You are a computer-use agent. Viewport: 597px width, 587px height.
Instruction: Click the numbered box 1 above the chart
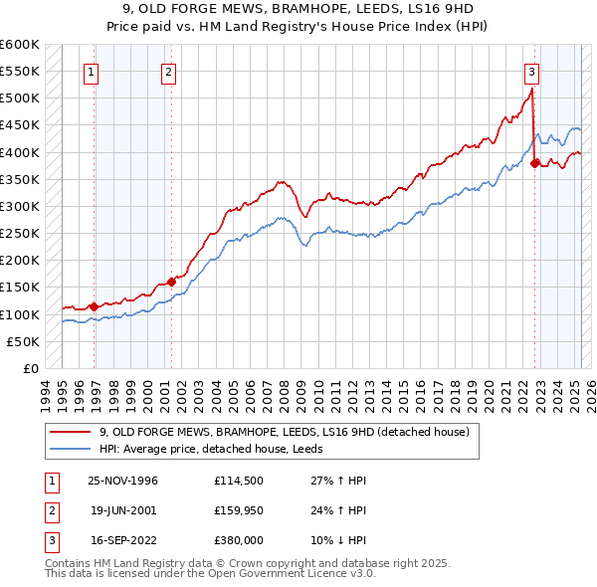pos(91,72)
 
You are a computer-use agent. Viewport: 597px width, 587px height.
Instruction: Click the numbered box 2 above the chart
pos(168,72)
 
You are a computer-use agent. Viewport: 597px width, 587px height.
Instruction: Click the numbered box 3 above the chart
pos(531,72)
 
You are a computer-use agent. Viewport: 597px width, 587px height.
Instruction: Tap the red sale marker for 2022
pos(535,163)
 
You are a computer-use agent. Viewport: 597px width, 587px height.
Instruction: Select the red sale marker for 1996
pos(95,306)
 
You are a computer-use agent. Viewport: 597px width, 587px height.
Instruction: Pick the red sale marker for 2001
pos(172,282)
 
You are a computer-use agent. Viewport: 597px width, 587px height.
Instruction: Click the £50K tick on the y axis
pos(23,341)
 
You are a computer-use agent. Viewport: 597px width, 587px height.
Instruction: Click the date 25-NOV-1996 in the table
pos(123,481)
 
